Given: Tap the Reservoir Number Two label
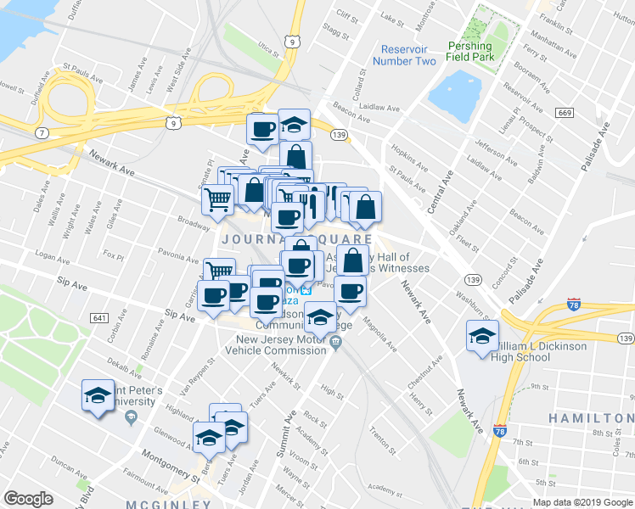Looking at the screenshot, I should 408,55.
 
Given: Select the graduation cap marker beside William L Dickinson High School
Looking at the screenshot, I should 482,337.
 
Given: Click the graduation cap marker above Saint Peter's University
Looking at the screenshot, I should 98,395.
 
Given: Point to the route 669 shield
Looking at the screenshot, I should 565,113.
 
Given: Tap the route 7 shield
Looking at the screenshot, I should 41,133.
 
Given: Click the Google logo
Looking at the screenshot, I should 28,499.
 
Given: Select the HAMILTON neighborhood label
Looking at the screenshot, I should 590,418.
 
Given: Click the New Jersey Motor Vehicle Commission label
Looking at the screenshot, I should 280,348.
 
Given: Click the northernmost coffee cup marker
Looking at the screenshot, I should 263,129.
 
